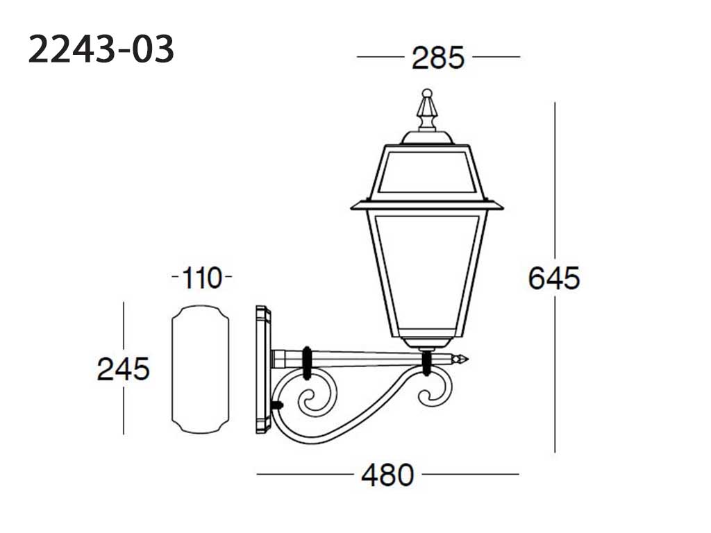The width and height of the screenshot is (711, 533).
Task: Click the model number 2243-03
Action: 101,49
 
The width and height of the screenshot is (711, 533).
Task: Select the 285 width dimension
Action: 438,58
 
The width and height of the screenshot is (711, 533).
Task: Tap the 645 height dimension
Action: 554,278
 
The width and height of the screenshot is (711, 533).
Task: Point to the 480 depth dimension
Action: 387,475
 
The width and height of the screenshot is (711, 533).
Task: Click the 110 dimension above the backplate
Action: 202,278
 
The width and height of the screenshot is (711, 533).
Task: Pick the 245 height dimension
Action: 124,369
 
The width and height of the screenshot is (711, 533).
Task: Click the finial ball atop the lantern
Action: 427,94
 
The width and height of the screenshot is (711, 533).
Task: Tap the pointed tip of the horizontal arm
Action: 467,359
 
